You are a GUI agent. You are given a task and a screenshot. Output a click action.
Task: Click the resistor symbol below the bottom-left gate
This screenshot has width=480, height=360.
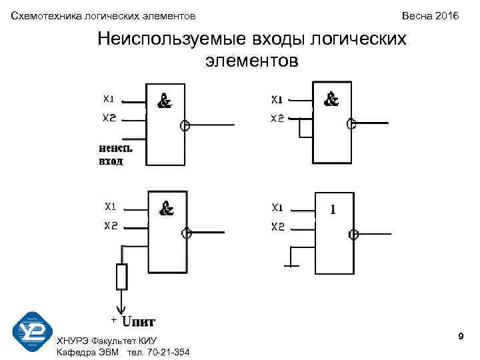coord(121,277)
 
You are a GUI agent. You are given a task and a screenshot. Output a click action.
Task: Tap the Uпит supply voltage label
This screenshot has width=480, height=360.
coord(138,322)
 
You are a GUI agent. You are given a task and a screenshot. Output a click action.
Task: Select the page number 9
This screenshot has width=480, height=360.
coord(461,339)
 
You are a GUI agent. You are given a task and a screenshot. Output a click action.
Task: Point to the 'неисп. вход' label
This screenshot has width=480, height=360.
coord(111,155)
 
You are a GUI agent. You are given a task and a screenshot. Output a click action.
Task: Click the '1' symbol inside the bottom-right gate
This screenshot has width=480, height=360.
coord(333,209)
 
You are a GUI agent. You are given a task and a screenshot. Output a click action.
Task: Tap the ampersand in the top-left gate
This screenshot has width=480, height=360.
coord(165,101)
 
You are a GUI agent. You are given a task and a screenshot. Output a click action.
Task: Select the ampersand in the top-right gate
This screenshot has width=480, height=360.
coord(331,99)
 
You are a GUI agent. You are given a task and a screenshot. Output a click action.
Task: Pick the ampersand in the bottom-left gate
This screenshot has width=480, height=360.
coord(166,209)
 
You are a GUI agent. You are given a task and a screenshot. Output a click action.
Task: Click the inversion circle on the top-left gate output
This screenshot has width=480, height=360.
coord(186,125)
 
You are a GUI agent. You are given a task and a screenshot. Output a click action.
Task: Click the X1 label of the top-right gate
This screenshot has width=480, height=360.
coord(277,100)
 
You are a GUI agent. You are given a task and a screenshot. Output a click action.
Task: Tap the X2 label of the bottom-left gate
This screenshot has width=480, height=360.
coord(111,226)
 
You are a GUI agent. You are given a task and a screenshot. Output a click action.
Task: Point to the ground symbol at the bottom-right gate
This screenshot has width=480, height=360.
coord(291,265)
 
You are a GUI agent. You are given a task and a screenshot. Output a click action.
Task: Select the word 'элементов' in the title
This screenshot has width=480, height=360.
coord(252,62)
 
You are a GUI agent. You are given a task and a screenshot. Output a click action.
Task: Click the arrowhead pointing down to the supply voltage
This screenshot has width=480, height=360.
coord(121,309)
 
